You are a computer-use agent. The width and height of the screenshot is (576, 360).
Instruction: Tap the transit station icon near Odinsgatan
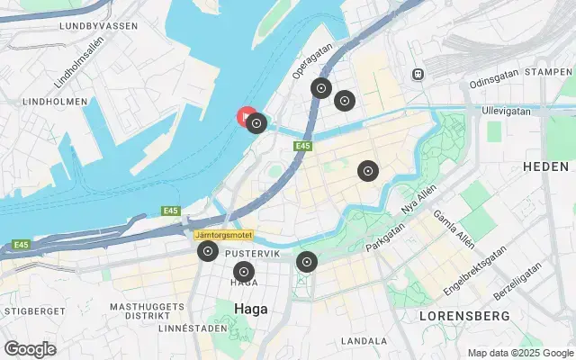click(418, 74)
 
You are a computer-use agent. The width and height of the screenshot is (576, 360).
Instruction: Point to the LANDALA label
click(364, 341)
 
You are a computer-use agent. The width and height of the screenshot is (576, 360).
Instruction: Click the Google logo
click(30, 349)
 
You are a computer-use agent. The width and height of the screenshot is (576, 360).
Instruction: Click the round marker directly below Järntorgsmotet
click(208, 252)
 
